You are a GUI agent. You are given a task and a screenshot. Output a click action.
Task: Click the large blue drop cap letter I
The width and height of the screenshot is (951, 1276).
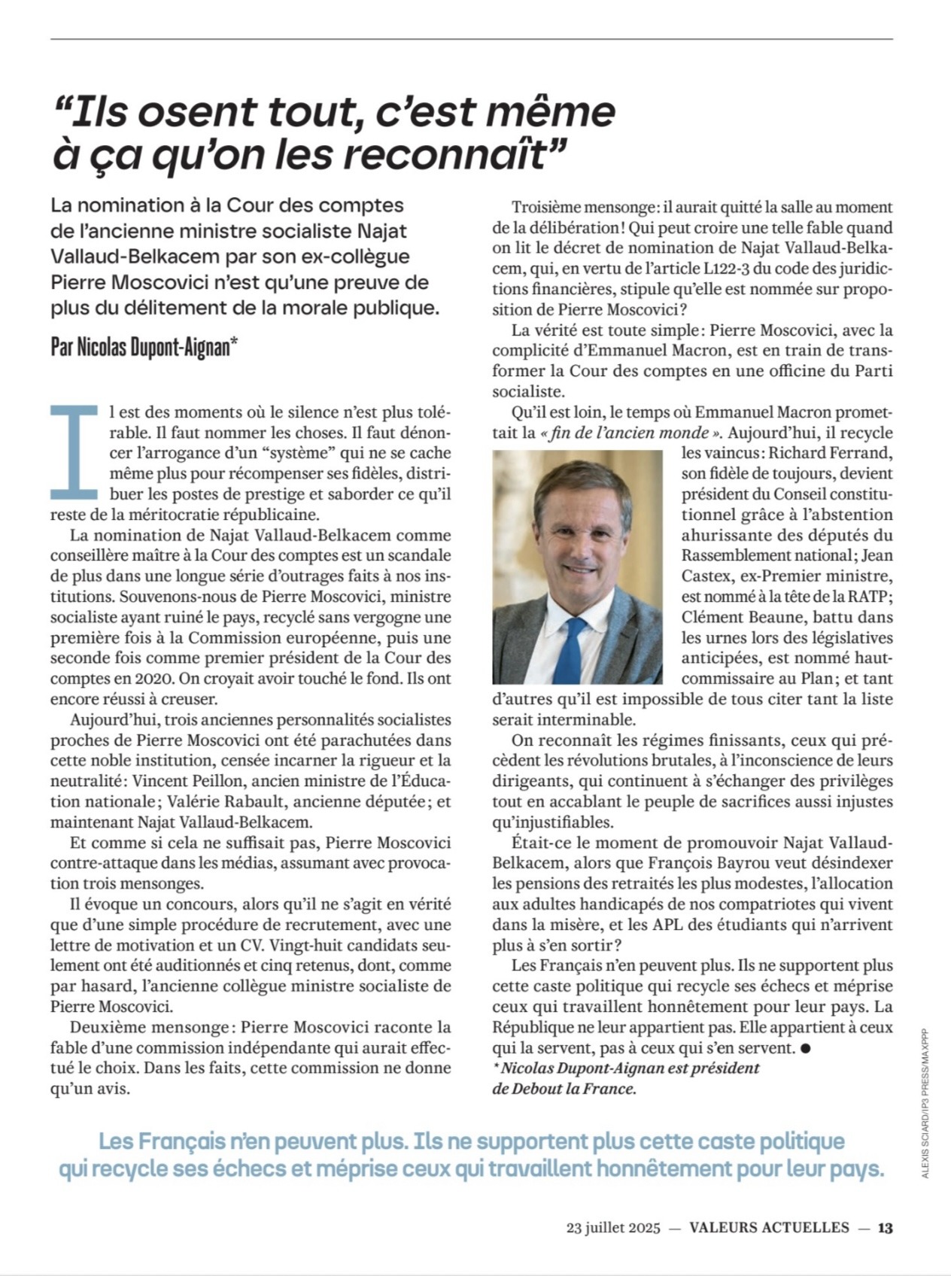pyautogui.click(x=73, y=451)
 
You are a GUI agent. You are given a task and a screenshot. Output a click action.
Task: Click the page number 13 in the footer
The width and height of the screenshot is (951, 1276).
pyautogui.click(x=885, y=1227)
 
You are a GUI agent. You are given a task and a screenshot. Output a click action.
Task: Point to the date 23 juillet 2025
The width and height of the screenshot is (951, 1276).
pyautogui.click(x=612, y=1228)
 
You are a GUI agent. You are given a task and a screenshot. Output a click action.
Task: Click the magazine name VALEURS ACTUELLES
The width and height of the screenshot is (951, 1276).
pyautogui.click(x=769, y=1227)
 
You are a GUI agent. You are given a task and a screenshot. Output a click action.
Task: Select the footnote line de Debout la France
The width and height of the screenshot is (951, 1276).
pyautogui.click(x=564, y=1089)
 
